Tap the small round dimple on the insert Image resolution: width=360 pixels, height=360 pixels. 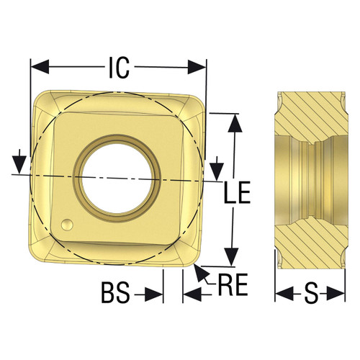66,224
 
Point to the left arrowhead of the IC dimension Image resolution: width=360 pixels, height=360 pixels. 36,67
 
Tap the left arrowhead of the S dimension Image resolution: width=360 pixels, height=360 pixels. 283,294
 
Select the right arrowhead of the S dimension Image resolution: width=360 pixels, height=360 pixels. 338,294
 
